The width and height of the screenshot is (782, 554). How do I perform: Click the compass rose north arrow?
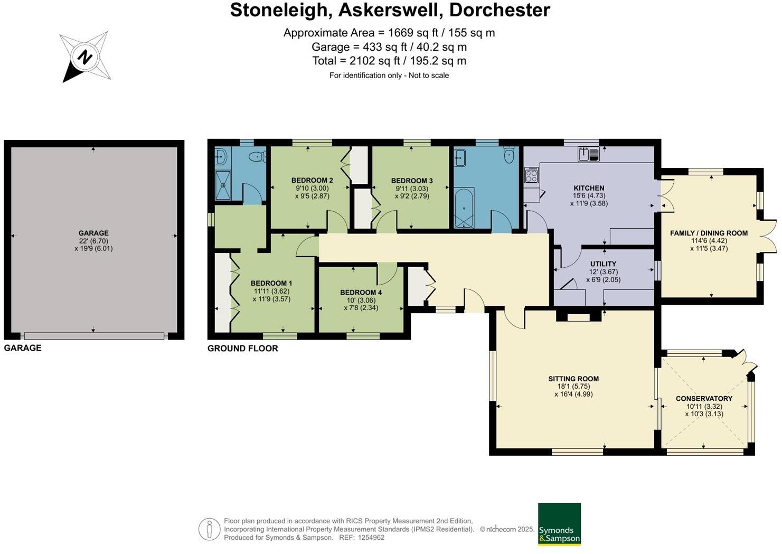pos(84,57)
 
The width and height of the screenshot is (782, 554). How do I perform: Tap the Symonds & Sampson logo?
pos(559,524)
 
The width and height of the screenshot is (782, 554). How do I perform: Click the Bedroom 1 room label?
pos(271,283)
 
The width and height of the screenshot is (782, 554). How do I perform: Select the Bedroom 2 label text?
pos(312,181)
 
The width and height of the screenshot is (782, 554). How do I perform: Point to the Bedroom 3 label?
pos(412,181)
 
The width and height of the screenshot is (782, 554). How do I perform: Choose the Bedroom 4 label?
pos(361,293)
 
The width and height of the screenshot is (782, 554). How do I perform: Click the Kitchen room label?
pos(589,188)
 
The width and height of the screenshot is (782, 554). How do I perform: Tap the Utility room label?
pos(603,264)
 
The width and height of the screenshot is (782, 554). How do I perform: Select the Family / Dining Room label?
pos(709,233)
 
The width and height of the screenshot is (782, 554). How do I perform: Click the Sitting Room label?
pos(573,379)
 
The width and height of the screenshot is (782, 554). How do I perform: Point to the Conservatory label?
pos(704,399)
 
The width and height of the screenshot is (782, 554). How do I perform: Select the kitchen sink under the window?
pos(588,154)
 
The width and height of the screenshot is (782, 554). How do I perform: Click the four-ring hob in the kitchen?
pos(531,175)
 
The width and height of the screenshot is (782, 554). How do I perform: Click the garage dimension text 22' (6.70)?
pos(93,241)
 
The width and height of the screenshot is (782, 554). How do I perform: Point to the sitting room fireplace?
pos(578,317)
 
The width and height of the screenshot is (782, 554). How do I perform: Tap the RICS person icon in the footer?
pos(209,529)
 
